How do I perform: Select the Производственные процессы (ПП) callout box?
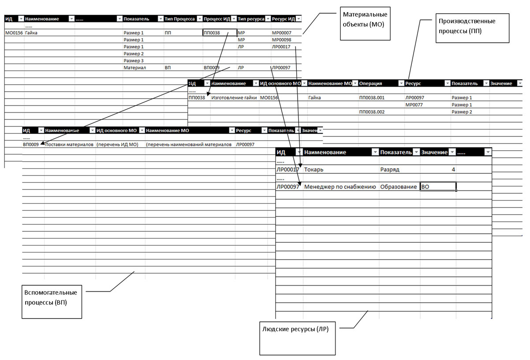[x=472, y=28]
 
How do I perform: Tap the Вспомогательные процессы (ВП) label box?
[x=52, y=301]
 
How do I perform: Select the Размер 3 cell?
[x=134, y=61]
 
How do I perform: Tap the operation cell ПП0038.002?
[x=373, y=112]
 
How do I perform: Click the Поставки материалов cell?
[x=69, y=145]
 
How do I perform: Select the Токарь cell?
[x=317, y=170]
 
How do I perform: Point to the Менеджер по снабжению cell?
[x=340, y=187]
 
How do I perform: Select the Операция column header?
[x=370, y=83]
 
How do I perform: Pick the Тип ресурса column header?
[x=250, y=19]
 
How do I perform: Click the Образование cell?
[x=398, y=187]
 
